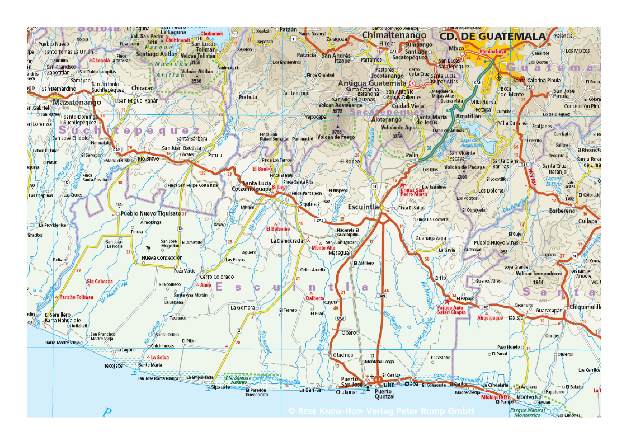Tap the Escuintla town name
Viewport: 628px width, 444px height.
[x=363, y=207]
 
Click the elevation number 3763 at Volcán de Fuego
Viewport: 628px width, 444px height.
[x=337, y=132]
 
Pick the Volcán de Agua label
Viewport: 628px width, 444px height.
[x=399, y=127]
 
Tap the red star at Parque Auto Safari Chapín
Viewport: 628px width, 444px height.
[x=447, y=302]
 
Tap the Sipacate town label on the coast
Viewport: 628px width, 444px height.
[x=220, y=387]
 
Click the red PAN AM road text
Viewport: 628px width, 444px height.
[x=532, y=177]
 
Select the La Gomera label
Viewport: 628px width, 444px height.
[x=243, y=308]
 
